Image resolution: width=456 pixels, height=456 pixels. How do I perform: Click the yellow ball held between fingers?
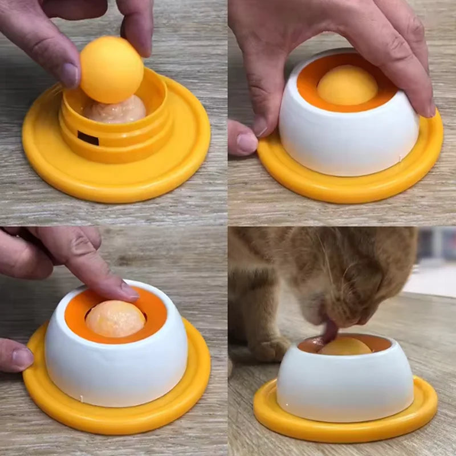coord(111,69)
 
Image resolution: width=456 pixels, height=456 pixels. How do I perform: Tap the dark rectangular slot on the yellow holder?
coord(88,138)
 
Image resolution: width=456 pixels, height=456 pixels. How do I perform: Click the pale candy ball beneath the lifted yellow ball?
coord(117,111)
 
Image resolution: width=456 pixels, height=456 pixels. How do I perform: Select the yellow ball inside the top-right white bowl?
coord(347,85)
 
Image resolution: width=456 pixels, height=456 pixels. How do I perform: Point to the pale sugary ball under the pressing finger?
coord(114,319)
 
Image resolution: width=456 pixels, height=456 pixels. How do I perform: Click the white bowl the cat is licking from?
coord(345,388)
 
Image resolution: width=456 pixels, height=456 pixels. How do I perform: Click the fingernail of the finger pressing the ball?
coord(129,291)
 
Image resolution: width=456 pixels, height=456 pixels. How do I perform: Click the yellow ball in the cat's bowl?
coord(345,346)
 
